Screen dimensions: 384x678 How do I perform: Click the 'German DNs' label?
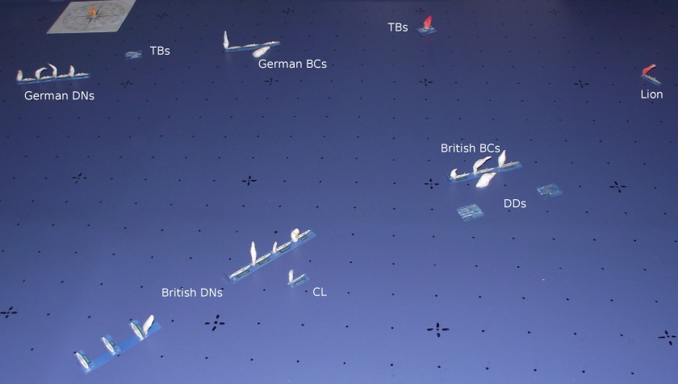59,96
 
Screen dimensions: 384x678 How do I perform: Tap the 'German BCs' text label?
292,64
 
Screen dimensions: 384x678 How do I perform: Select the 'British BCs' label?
470,148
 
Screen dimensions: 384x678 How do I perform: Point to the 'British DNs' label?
192,293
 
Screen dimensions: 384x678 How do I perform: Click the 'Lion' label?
651,94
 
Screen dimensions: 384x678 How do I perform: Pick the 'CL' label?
320,292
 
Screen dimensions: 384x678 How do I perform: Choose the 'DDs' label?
515,204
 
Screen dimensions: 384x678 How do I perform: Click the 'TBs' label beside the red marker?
397,27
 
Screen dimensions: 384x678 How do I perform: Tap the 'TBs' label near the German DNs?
160,51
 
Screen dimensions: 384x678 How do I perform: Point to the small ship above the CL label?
295,278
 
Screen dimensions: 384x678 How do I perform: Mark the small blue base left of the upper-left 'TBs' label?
133,54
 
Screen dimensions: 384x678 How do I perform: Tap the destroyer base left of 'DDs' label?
469,211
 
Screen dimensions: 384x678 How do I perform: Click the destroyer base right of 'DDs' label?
550,191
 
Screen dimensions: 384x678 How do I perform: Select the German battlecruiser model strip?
250,45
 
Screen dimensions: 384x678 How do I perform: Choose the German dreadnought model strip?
52,75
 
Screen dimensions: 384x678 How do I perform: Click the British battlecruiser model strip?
484,169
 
